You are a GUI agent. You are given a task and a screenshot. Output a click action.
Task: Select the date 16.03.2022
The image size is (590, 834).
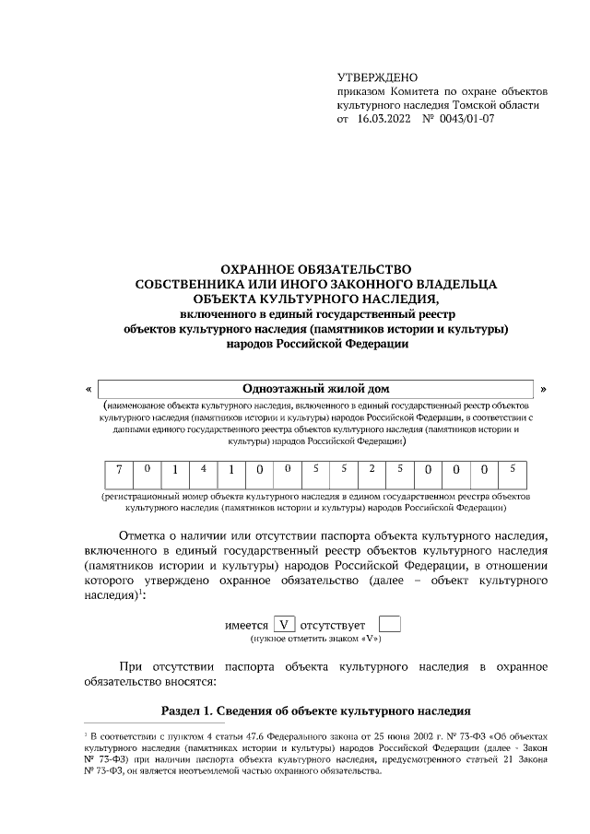382,119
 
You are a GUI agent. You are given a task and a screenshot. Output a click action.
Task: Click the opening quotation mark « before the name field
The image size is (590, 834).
88,389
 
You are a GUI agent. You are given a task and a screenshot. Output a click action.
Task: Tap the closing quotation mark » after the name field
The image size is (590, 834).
544,389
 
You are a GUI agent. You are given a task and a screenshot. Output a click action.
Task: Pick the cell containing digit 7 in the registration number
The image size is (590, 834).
118,470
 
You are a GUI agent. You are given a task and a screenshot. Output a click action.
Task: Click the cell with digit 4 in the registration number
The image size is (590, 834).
203,470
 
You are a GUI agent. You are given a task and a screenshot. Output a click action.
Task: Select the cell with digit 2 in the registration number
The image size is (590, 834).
372,470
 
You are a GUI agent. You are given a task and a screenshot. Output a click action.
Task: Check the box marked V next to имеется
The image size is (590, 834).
284,625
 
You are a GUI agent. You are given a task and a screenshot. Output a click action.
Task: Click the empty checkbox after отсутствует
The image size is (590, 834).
391,625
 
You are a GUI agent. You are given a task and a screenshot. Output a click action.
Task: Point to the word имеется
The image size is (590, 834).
247,626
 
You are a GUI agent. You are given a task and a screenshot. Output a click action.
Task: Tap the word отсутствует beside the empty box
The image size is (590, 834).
339,626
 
